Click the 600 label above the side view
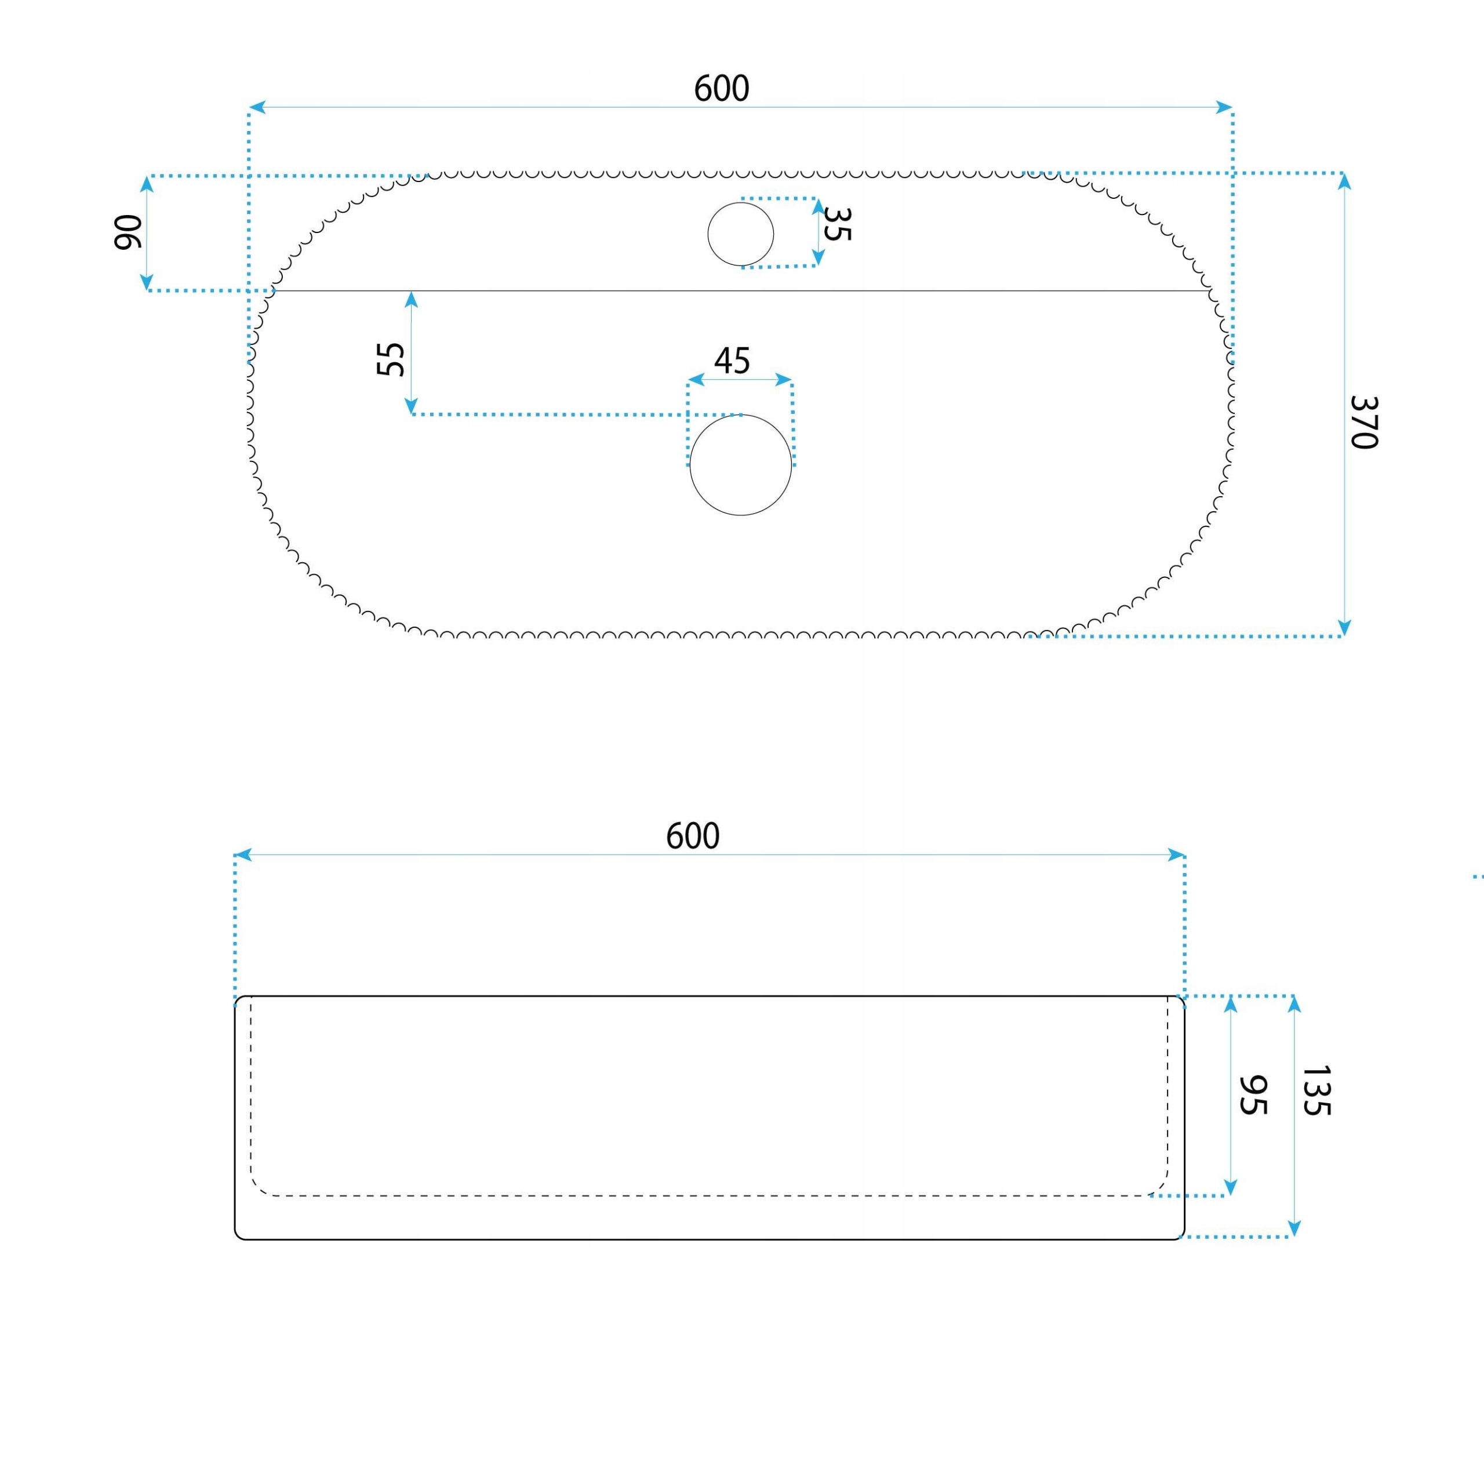point(692,836)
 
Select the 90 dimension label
point(128,232)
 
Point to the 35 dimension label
point(836,224)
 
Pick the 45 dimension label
point(732,360)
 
